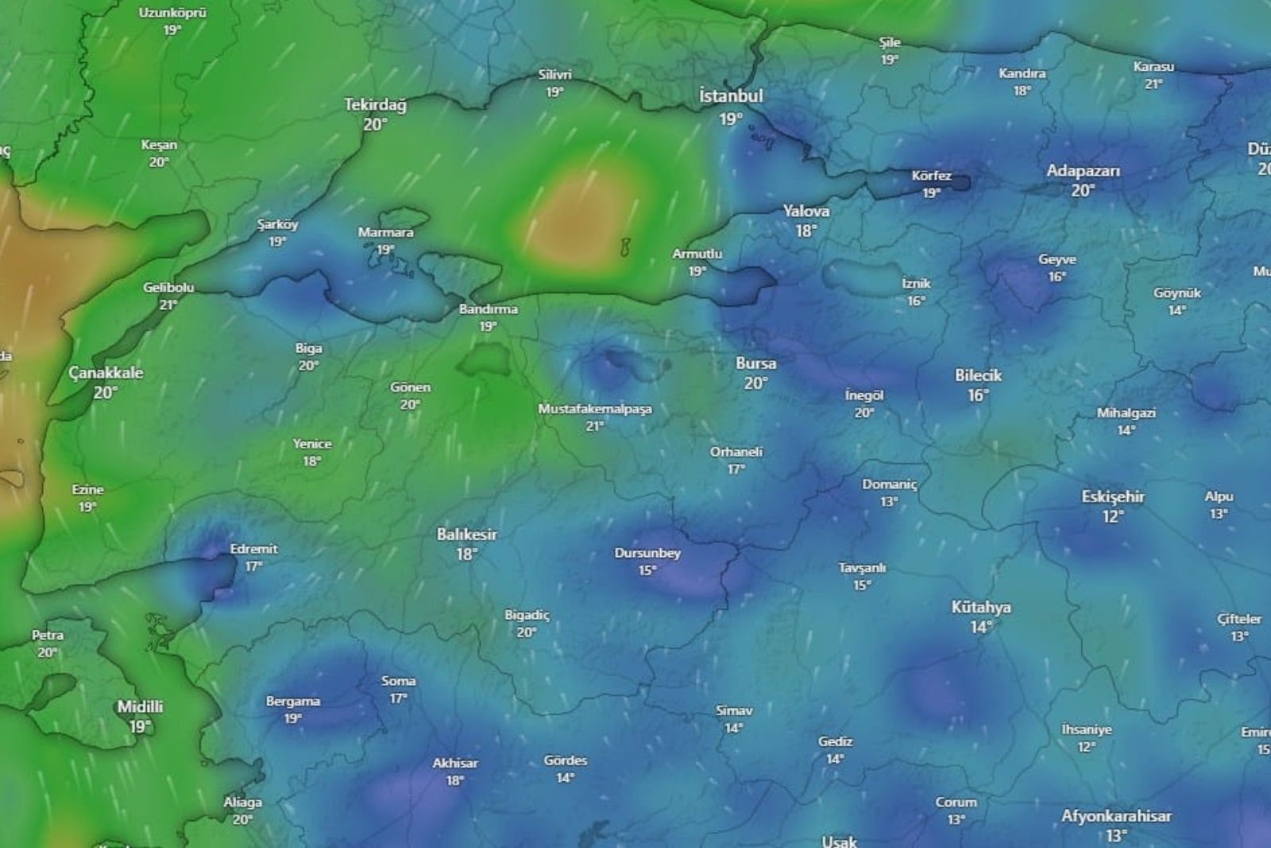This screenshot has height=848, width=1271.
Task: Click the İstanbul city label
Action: pos(731,96)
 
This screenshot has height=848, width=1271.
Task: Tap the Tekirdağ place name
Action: pos(375,105)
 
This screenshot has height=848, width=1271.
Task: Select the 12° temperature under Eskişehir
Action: pos(1112,517)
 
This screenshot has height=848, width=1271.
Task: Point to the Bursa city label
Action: pos(755,363)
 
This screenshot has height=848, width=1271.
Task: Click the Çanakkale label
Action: pos(106,373)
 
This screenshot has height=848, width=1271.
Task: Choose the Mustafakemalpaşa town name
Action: pos(595,409)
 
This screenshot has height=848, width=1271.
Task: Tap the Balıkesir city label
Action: pos(466,534)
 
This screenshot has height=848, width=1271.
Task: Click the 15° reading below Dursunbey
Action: pos(647,571)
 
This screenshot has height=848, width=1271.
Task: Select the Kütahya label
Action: pos(981,607)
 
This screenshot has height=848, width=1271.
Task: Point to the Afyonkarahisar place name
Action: pos(1116,816)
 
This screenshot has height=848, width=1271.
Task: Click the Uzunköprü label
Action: pos(172,13)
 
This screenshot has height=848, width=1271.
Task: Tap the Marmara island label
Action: pos(385,232)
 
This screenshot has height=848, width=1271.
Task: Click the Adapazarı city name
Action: pos(1083,171)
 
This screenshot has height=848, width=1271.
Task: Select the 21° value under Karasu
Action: pos(1153,84)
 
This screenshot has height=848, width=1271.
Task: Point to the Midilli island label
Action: pos(140,707)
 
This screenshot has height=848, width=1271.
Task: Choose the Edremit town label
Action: pos(253,548)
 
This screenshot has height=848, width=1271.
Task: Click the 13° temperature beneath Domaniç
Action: pos(889,502)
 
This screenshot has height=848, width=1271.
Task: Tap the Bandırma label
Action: pos(488,309)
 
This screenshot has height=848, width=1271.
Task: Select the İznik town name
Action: pos(916,283)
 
